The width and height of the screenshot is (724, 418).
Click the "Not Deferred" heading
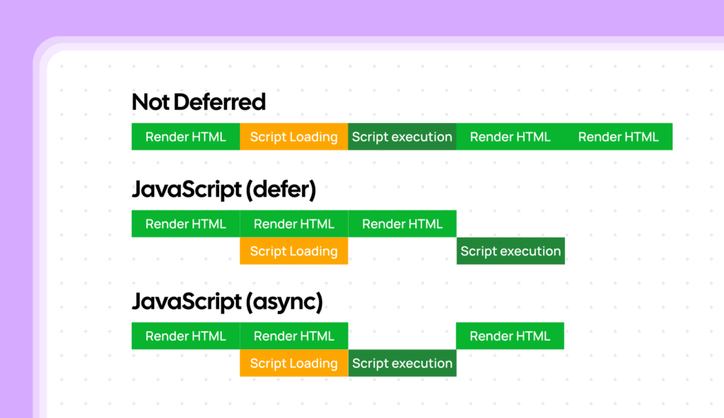pos(199,102)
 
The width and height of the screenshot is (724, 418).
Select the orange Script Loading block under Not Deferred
pos(293,137)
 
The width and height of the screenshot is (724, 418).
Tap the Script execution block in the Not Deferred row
pos(402,137)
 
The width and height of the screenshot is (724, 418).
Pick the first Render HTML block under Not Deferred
pos(185,137)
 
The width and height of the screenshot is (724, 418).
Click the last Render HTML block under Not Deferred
pos(618,137)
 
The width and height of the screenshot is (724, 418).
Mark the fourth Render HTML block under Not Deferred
pos(510,137)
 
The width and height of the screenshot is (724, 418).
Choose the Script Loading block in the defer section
pos(293,251)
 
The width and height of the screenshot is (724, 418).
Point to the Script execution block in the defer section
pos(510,251)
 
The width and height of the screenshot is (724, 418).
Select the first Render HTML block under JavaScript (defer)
pos(185,223)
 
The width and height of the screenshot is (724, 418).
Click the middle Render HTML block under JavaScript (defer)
pos(293,223)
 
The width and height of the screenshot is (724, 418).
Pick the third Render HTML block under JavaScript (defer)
pos(402,223)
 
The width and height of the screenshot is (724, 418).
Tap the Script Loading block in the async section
pos(293,363)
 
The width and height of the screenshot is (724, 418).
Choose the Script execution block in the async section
pos(402,363)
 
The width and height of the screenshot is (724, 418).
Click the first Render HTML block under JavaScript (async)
pos(185,336)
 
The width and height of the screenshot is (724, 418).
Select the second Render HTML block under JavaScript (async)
pos(293,336)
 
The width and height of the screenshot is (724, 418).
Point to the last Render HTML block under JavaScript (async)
pos(510,336)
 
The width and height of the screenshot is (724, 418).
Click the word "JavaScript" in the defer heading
pos(186,190)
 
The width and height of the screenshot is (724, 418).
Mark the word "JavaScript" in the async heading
pos(186,302)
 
